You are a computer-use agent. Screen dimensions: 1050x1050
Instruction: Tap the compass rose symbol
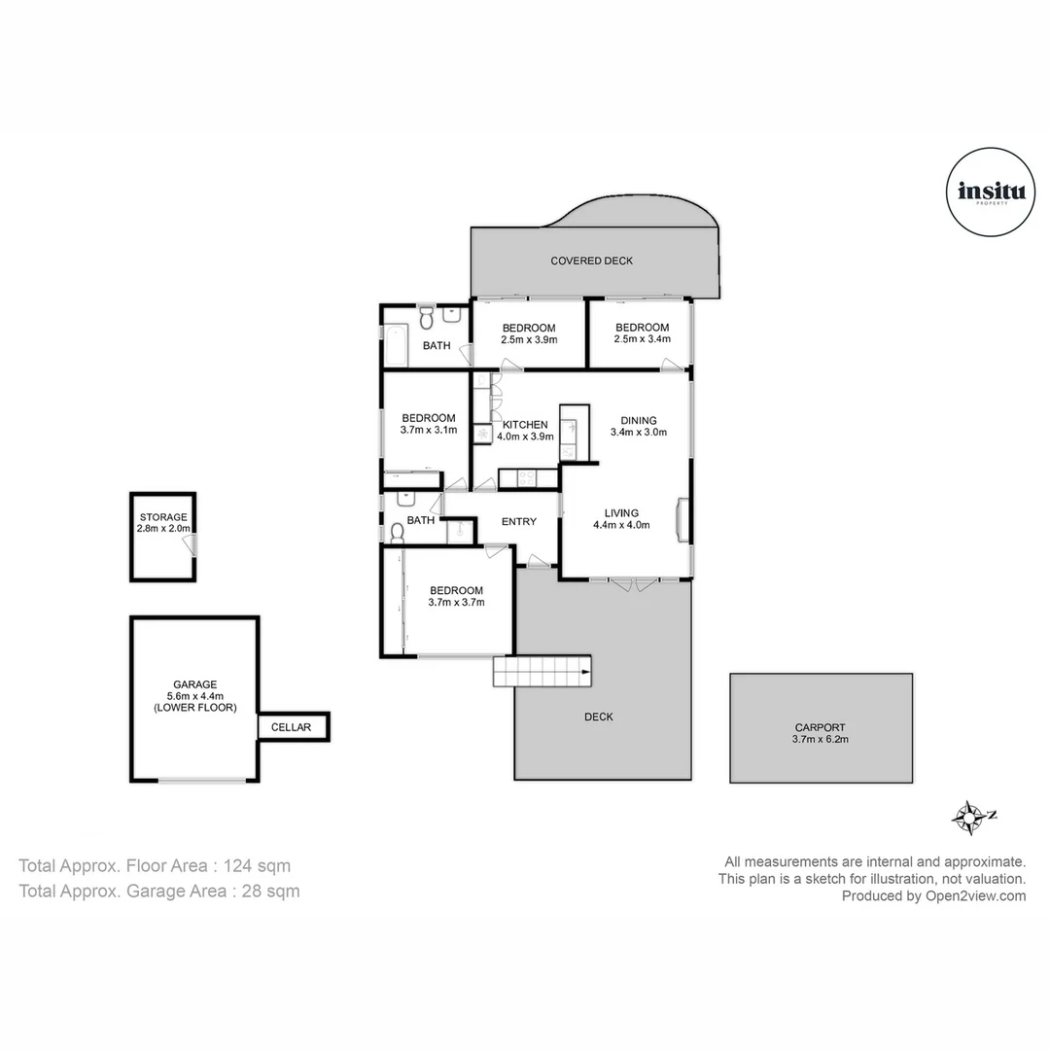click(x=969, y=818)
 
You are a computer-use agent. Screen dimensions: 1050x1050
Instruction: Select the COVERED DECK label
click(x=591, y=261)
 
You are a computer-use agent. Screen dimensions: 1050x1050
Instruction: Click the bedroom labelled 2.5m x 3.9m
click(x=528, y=333)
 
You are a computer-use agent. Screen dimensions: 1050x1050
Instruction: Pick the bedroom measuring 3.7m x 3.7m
click(x=456, y=596)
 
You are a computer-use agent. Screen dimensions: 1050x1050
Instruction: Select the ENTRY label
click(x=518, y=522)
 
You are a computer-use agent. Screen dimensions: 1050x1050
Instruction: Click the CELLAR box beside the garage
click(x=291, y=727)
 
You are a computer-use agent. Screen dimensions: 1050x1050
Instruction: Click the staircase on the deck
click(x=542, y=671)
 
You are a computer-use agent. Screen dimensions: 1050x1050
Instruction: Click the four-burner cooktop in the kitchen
click(x=526, y=477)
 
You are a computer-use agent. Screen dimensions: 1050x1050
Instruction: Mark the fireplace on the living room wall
click(x=682, y=516)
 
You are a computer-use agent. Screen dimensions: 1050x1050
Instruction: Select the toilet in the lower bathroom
click(x=397, y=534)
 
